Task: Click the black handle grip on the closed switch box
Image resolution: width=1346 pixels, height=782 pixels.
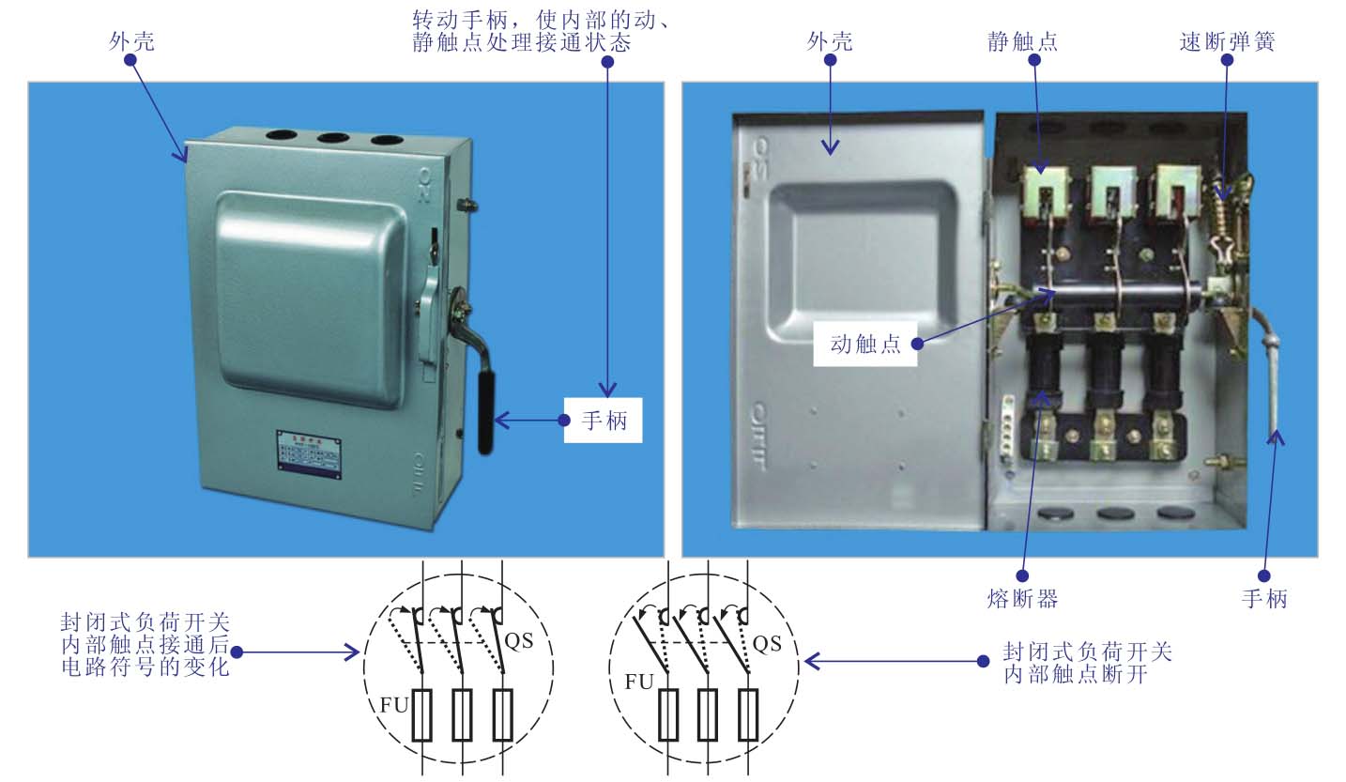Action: (486, 413)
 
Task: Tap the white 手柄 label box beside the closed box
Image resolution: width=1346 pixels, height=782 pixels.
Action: (603, 421)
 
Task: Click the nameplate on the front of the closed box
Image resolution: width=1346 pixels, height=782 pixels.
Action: (309, 454)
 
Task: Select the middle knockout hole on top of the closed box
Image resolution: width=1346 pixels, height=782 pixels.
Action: (333, 138)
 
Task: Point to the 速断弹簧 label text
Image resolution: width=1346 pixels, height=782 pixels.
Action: (1227, 41)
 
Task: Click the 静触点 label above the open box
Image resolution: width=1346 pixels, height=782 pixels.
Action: (1023, 41)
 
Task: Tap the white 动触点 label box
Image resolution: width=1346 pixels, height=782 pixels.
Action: (865, 344)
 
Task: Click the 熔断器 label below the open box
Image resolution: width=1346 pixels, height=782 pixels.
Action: (1023, 599)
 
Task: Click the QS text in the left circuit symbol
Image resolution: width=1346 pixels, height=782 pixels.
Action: (518, 641)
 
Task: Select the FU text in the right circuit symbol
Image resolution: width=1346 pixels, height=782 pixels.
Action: (639, 682)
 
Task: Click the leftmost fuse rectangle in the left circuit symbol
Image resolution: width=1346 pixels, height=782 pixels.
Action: (422, 714)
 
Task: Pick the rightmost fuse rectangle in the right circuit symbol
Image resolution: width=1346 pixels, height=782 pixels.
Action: (748, 714)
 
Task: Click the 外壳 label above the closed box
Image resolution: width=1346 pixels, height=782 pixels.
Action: (131, 41)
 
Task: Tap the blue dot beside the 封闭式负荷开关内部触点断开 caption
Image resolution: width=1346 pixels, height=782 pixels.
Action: (983, 661)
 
